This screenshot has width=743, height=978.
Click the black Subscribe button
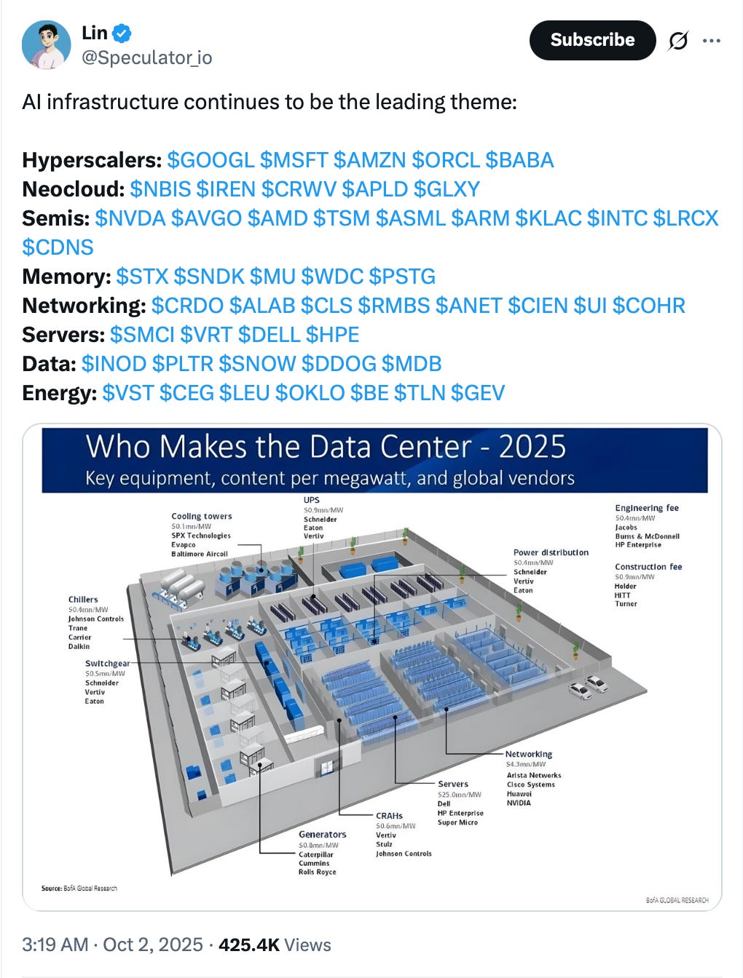tap(592, 40)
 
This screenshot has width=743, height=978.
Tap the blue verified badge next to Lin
tap(122, 33)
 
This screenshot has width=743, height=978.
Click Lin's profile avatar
tap(47, 45)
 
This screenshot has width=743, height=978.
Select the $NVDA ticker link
tap(130, 218)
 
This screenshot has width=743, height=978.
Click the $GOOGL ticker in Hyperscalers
tap(211, 160)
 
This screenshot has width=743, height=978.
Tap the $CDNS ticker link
tap(58, 247)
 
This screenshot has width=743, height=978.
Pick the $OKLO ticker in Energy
tap(310, 393)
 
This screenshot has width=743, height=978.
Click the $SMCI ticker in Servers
tap(142, 335)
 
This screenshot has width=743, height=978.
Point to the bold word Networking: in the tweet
tap(84, 306)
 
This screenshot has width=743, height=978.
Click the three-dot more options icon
tap(711, 41)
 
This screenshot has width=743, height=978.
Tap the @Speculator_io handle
tap(146, 57)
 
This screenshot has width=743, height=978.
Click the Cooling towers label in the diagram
tap(202, 516)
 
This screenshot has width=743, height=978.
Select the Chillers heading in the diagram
tap(83, 600)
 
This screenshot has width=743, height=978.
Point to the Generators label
tap(322, 834)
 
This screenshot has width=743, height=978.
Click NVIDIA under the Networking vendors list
tap(519, 803)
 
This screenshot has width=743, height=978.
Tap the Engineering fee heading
tap(646, 508)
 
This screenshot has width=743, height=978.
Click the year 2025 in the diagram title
tap(532, 447)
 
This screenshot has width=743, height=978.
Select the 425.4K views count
tap(249, 945)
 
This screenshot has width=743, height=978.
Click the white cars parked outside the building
tap(589, 686)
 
